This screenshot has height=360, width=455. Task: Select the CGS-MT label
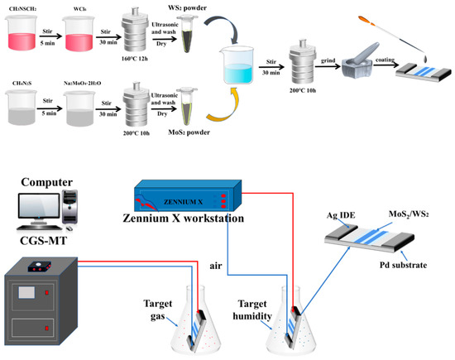click(49, 241)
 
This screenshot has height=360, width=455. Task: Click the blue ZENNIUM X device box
click(185, 199)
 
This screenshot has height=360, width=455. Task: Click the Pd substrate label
click(411, 267)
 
